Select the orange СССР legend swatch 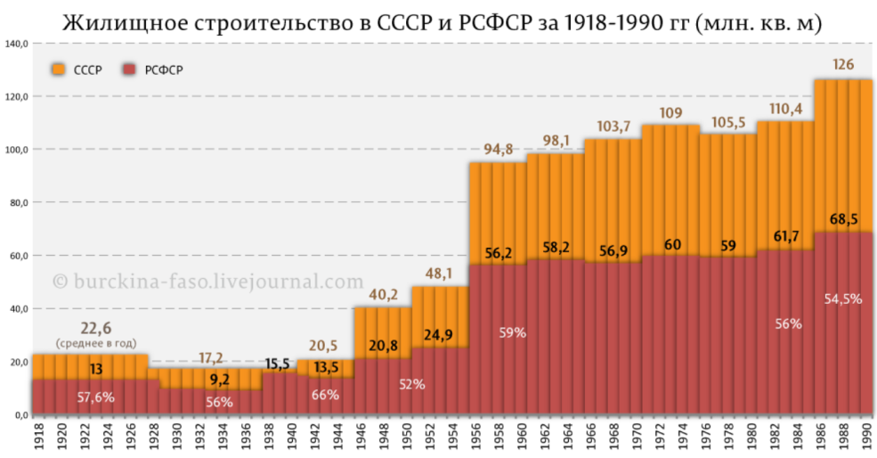pyautogui.click(x=59, y=70)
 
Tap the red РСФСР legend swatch pyautogui.click(x=128, y=70)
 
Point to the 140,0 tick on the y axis pyautogui.click(x=19, y=43)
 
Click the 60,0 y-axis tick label pyautogui.click(x=19, y=256)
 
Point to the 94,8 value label pyautogui.click(x=498, y=148)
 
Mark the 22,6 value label pyautogui.click(x=89, y=328)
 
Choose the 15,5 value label pyautogui.click(x=279, y=364)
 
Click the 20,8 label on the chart pyautogui.click(x=383, y=345)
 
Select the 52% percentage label pyautogui.click(x=411, y=385)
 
